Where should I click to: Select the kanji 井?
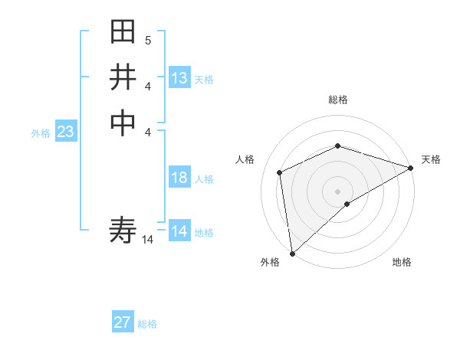click(123, 77)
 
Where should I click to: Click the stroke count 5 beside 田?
click(147, 41)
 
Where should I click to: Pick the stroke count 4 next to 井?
click(147, 86)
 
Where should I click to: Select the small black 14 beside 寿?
click(148, 240)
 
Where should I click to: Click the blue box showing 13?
click(179, 78)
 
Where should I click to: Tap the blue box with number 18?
click(179, 178)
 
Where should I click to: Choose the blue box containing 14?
click(179, 231)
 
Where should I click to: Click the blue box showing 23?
click(66, 133)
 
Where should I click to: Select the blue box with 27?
click(123, 322)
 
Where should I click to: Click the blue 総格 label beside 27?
click(148, 324)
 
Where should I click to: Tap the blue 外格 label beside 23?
click(41, 133)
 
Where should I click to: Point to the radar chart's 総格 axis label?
click(338, 100)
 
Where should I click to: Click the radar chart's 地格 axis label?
click(402, 263)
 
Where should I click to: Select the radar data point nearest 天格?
click(411, 168)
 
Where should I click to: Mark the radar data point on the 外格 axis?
click(292, 254)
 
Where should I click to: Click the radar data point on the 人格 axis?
click(280, 172)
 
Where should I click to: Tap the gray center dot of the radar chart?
click(337, 191)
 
